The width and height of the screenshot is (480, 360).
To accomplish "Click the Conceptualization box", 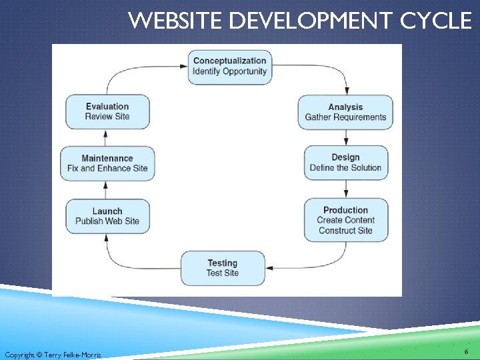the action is click(229, 67).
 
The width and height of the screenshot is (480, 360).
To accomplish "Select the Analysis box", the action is click(345, 112).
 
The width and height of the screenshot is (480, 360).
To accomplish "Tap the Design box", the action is click(345, 163).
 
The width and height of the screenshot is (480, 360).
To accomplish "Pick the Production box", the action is click(345, 220).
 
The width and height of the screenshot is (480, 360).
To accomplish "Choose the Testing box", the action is click(222, 268).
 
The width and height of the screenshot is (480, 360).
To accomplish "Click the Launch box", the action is click(107, 216).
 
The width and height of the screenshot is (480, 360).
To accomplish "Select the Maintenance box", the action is click(107, 163).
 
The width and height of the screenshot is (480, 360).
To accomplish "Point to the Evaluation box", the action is click(107, 111).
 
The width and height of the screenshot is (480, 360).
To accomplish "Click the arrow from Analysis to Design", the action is click(346, 137).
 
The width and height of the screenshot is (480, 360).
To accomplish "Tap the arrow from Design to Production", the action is click(346, 189).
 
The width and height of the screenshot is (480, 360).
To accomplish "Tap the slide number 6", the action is click(465, 351).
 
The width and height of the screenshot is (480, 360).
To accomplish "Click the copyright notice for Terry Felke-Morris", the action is click(53, 355).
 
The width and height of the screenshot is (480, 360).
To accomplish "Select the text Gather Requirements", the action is click(345, 117).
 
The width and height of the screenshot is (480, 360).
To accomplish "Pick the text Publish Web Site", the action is click(107, 221).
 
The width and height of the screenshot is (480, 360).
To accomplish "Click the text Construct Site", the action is click(345, 231).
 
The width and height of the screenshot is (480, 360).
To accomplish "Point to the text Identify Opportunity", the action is click(229, 72).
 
